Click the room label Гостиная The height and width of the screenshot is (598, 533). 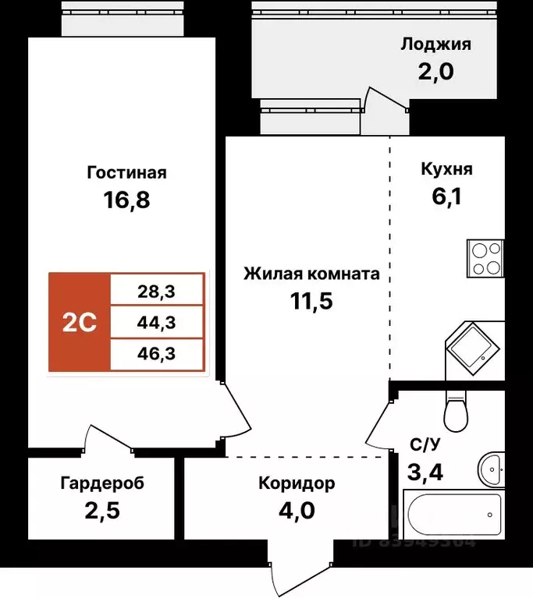click(126, 173)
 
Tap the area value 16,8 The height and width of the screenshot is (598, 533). click(126, 200)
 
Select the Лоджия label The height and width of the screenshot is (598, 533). click(435, 44)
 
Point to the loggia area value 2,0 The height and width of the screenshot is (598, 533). click(435, 72)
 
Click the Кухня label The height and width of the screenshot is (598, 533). click(446, 169)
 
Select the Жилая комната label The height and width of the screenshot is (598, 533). click(311, 274)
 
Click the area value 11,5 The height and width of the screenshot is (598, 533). click(311, 301)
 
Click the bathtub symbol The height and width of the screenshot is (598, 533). click(453, 514)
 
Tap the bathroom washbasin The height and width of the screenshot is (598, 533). click(492, 468)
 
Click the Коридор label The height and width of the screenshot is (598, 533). click(297, 483)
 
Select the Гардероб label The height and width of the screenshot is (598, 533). click(102, 483)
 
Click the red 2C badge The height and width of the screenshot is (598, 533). click(80, 322)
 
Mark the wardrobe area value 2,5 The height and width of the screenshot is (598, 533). click(102, 512)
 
